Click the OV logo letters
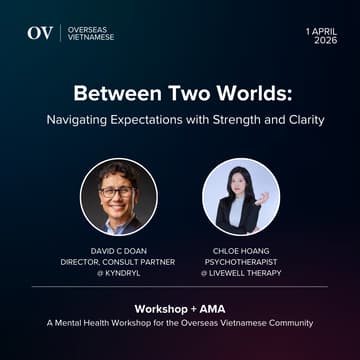pos(40,33)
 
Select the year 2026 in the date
pos(326,41)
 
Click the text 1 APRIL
pos(322,31)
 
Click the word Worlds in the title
pos(254,96)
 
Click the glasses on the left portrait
pos(119,190)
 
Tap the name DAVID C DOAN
pos(118,252)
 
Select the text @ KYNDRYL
pos(118,272)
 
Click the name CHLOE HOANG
pos(241,252)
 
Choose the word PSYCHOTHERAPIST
pos(241,262)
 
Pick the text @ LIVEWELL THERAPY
pos(241,272)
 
